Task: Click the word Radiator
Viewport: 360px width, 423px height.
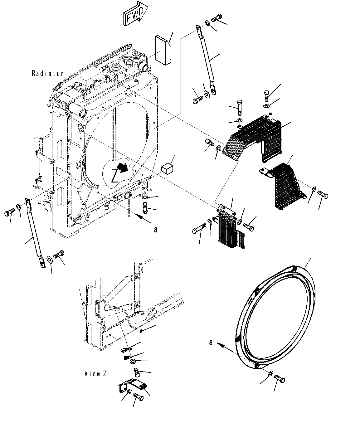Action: [x=48, y=74]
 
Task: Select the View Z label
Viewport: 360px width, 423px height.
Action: [x=95, y=373]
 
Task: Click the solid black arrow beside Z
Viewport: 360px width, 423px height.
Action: [x=124, y=168]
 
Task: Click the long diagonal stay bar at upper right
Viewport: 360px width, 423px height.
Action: [x=206, y=59]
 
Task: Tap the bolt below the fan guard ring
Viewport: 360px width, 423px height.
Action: [x=280, y=379]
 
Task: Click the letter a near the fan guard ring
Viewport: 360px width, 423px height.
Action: [x=211, y=343]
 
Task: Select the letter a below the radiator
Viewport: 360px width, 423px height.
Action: [x=156, y=230]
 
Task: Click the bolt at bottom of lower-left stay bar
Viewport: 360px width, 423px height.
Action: [x=59, y=254]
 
